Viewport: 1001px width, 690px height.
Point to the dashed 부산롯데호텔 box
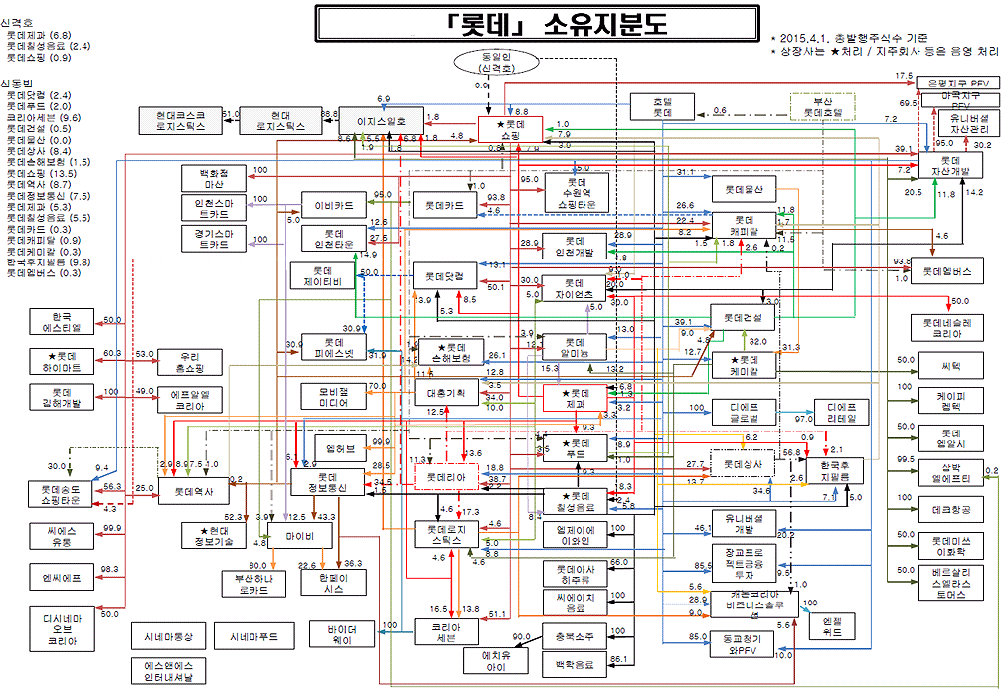(821, 107)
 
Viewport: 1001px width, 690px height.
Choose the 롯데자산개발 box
(949, 166)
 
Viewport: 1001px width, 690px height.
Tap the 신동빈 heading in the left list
(19, 84)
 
